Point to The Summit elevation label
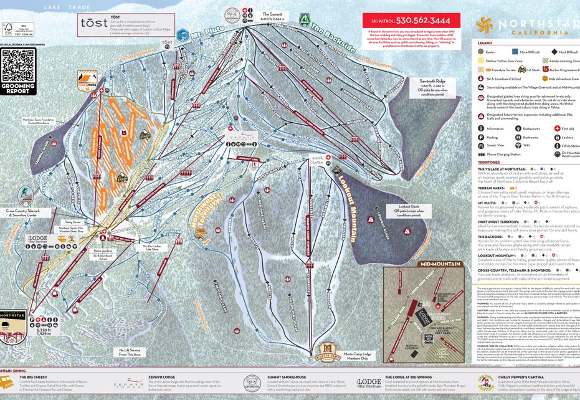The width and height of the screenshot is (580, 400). [x=272, y=16]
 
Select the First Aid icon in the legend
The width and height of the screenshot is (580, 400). [x=555, y=129]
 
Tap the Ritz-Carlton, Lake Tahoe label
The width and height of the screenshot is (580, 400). [x=147, y=247]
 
